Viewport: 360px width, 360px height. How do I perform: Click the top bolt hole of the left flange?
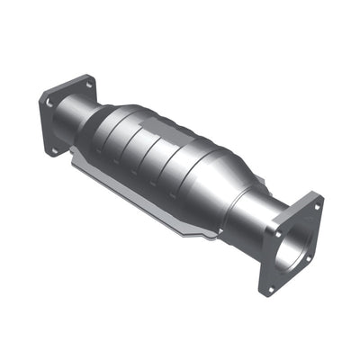tap(88, 85)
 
